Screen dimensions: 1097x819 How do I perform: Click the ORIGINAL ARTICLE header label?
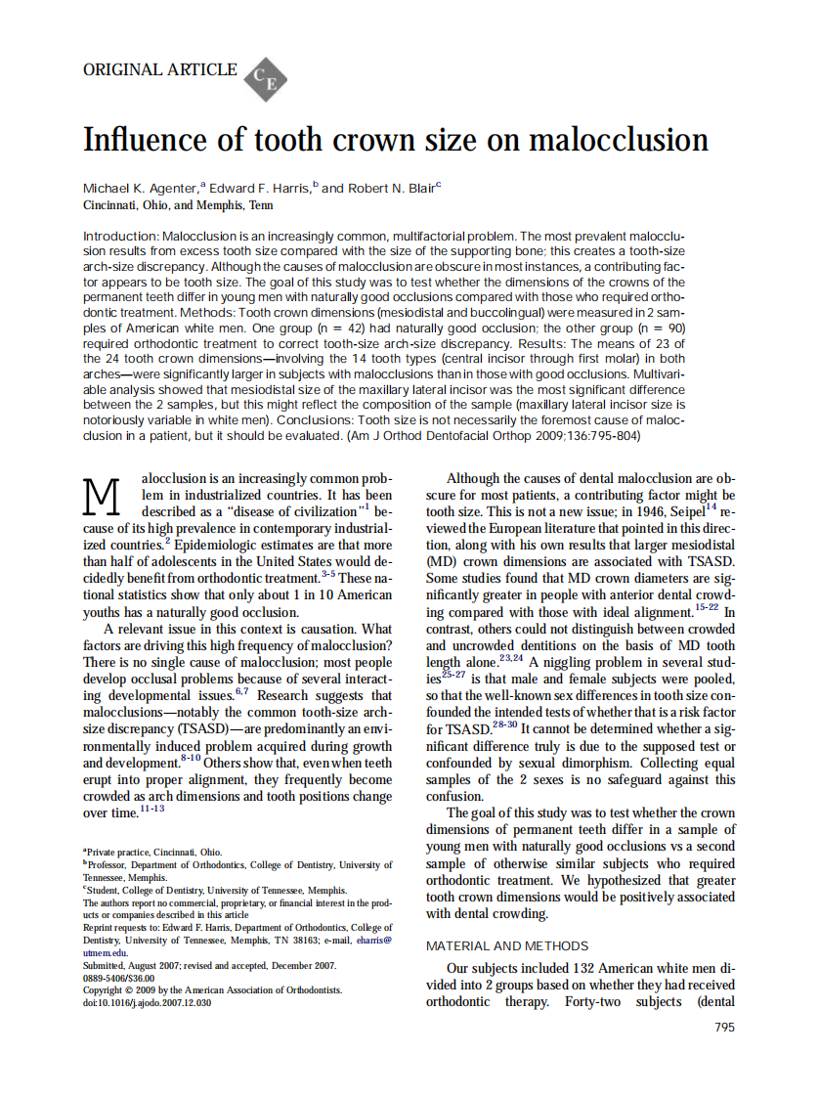click(x=160, y=69)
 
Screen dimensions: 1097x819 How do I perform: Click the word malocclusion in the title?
click(x=618, y=140)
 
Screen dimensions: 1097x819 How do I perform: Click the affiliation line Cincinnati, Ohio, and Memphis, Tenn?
click(x=178, y=205)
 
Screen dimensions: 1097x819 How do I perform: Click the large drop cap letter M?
click(x=105, y=497)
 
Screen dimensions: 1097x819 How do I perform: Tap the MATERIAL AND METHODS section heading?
click(x=507, y=945)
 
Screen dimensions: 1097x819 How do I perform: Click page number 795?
click(x=724, y=1027)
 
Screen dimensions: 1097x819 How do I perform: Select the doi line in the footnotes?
click(x=146, y=1002)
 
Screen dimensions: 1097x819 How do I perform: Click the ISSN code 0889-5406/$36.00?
click(x=119, y=977)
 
